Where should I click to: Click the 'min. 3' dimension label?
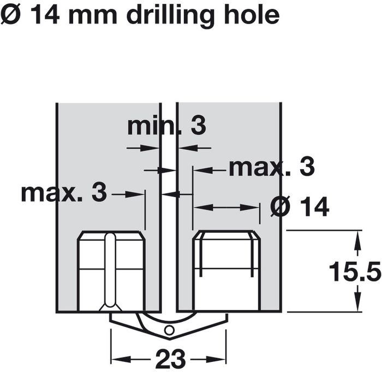(166, 127)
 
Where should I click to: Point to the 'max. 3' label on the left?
(64, 193)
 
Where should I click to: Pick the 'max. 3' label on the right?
(272, 168)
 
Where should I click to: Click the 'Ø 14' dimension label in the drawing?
(300, 207)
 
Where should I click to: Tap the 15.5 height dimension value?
(355, 271)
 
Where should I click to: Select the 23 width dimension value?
(170, 359)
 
